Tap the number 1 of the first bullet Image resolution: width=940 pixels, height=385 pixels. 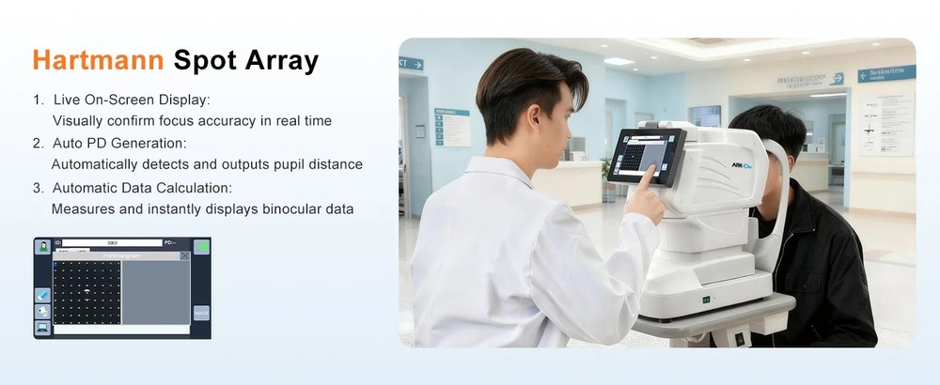coord(37,100)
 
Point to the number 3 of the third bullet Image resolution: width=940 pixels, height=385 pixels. coord(37,187)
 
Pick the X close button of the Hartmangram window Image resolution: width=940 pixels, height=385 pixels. coord(185,255)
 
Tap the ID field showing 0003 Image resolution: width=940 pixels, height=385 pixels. coord(112,243)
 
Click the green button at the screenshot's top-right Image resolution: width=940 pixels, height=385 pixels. coord(202,246)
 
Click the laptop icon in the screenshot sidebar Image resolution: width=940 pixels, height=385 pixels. coord(42,327)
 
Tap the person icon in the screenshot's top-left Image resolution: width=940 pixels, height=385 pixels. coord(42,246)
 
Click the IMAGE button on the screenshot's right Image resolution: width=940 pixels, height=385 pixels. coord(202,313)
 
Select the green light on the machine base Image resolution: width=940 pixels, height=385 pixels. coord(706,300)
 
